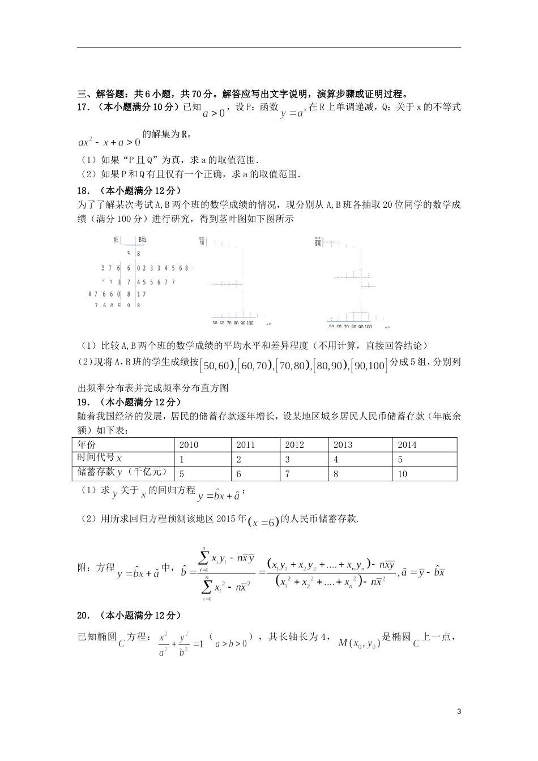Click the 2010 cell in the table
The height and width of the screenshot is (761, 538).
tap(189, 445)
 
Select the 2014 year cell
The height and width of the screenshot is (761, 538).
tap(407, 445)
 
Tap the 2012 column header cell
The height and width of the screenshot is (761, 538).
tap(294, 445)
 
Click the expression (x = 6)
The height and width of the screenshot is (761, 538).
tap(264, 523)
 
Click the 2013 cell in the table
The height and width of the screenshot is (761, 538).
tap(343, 445)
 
